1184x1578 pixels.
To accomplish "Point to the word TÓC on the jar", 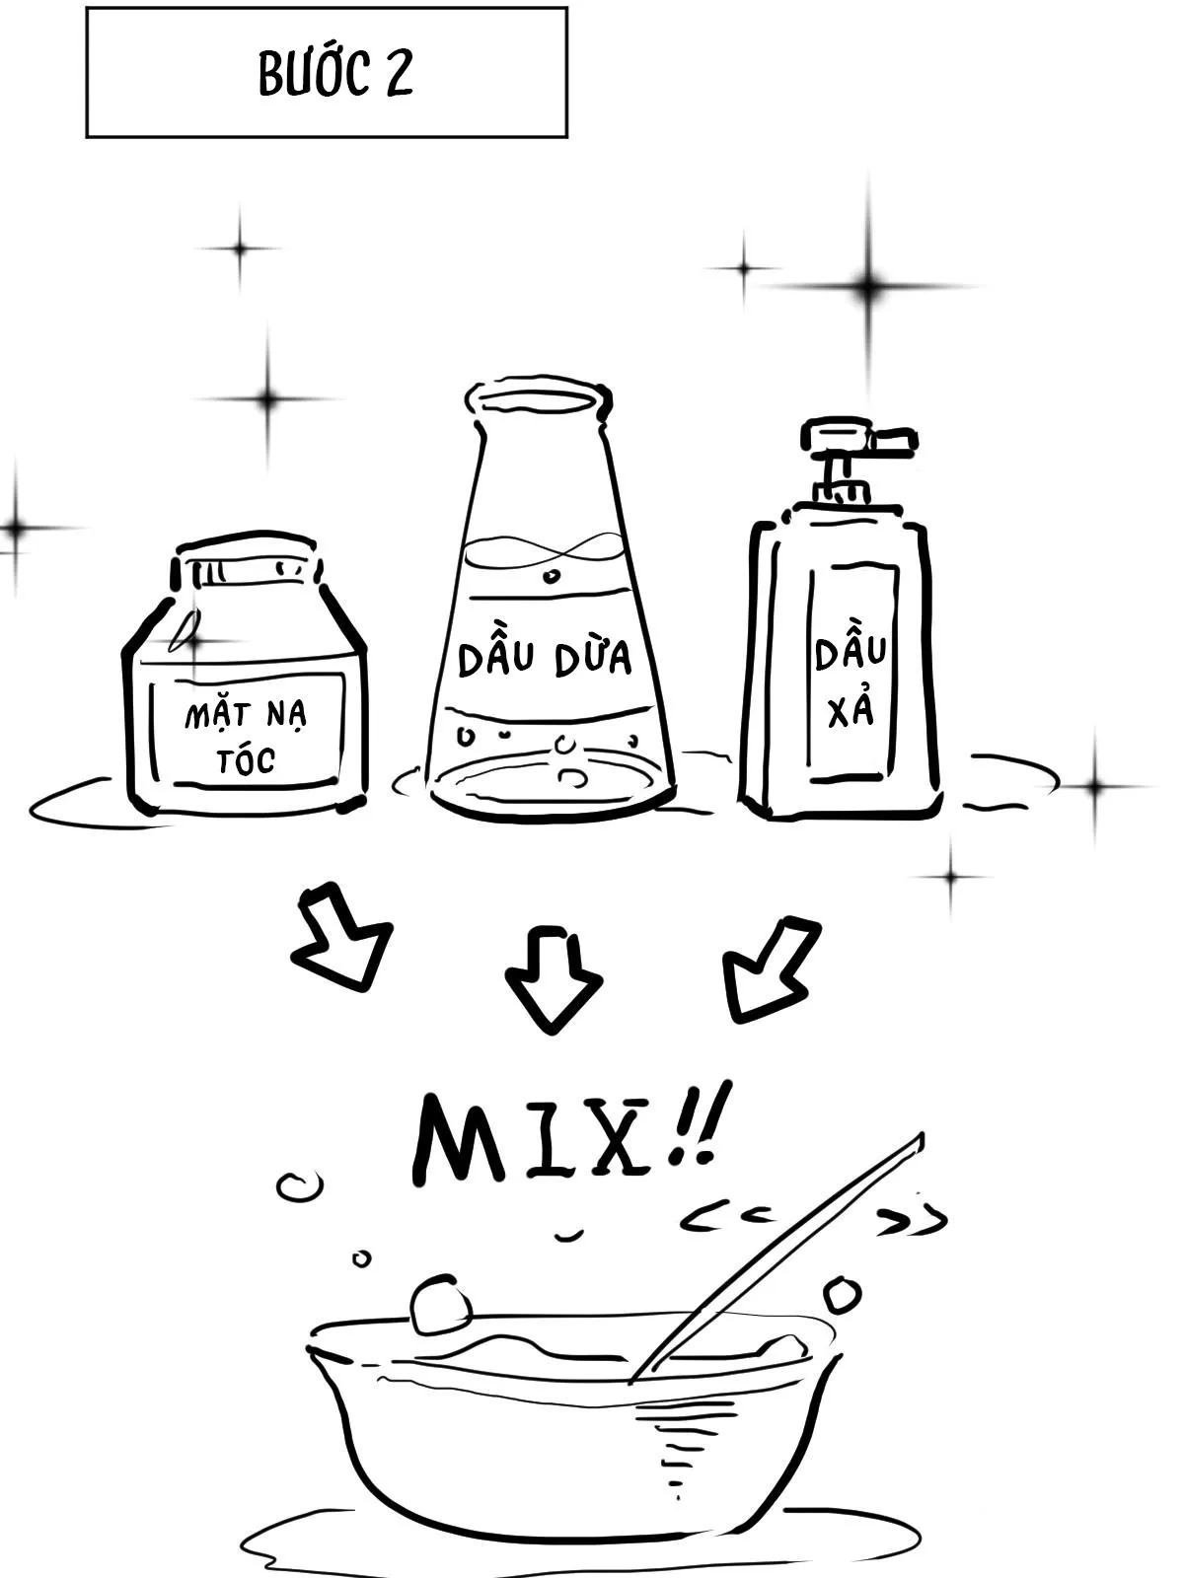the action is pyautogui.click(x=246, y=759).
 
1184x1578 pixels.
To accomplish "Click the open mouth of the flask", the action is pyautogui.click(x=538, y=396).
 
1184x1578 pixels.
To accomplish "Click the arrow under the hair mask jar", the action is pyautogui.click(x=340, y=937).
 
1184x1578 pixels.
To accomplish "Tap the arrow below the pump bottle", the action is pyautogui.click(x=769, y=969).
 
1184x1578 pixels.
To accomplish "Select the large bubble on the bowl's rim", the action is pyautogui.click(x=440, y=1305).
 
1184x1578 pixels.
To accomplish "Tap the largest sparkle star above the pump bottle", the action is pyautogui.click(x=868, y=285).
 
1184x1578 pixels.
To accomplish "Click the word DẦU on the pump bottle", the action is pyautogui.click(x=850, y=651).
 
